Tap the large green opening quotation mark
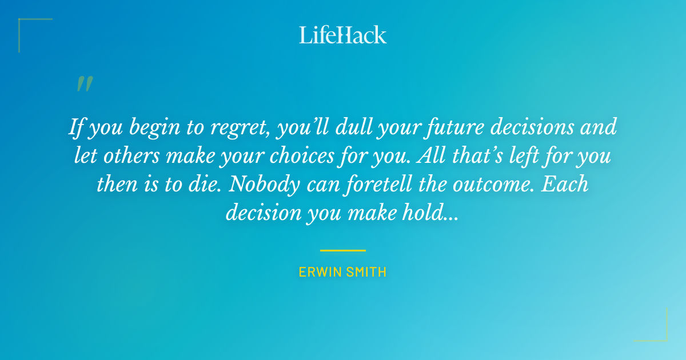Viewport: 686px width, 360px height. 84,85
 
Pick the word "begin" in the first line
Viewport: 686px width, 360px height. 158,127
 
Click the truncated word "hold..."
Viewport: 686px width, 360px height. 429,212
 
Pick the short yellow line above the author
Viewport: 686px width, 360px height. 343,250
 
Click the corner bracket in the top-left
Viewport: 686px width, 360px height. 23,23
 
